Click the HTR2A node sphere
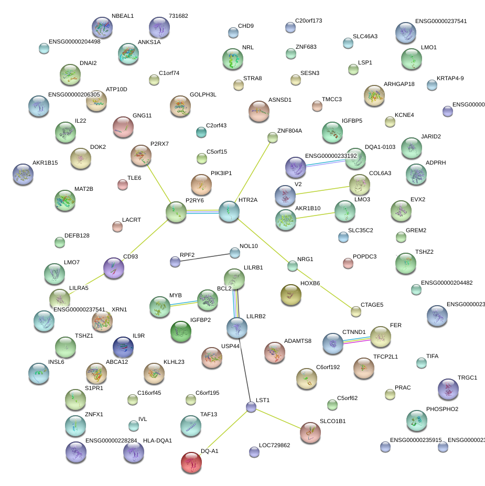coord(229,211)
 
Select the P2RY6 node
coord(176,211)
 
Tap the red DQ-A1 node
coord(191,462)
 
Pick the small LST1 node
coord(251,407)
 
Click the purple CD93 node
coord(114,267)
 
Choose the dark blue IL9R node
coord(123,347)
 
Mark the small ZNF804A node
coord(272,137)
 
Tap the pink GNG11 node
coord(123,127)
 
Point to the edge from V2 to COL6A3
coord(322,189)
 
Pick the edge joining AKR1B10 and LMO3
coord(315,215)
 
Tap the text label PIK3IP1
coord(221,173)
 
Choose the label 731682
coord(178,16)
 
